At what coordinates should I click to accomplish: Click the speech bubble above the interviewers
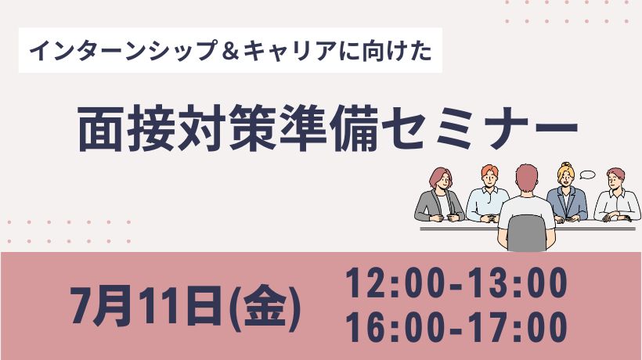click(x=588, y=175)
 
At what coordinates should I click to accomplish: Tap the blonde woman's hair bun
click(x=566, y=165)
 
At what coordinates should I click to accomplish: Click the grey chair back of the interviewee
click(x=527, y=232)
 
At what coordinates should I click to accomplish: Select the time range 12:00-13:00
click(x=456, y=283)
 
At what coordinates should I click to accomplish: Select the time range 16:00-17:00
click(x=456, y=326)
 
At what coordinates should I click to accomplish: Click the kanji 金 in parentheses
click(x=265, y=307)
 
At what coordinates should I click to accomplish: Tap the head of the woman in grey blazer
click(x=440, y=179)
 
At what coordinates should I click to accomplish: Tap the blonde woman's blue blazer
click(x=567, y=203)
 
